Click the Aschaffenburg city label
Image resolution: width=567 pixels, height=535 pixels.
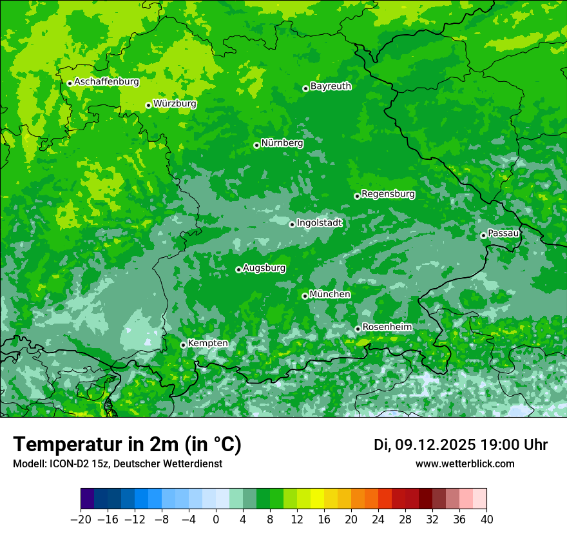[106, 82]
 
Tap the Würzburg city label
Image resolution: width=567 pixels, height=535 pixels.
[175, 104]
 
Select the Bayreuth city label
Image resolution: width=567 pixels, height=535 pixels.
[331, 86]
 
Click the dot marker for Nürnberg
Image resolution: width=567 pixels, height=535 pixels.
[256, 145]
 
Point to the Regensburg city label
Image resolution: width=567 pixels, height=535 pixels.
[388, 194]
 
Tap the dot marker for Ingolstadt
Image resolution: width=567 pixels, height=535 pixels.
[292, 224]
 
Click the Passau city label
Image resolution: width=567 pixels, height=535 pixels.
[503, 233]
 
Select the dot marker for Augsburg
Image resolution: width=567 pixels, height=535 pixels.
[238, 269]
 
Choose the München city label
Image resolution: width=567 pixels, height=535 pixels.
[330, 295]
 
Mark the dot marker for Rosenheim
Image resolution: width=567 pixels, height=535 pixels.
[358, 329]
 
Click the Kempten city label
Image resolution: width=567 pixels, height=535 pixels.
[207, 344]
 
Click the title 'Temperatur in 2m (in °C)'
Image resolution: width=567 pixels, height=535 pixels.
[127, 444]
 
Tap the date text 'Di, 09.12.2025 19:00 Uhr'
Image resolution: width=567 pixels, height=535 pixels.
[461, 445]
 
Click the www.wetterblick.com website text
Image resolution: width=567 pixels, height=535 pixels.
[465, 463]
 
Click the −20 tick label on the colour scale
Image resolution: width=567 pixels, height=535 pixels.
[81, 520]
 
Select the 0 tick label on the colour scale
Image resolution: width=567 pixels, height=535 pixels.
[216, 520]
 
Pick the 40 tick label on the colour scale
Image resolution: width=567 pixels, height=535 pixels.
[486, 520]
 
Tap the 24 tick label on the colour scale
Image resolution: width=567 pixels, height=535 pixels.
[378, 520]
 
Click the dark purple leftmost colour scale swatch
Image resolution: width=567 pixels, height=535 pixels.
[87, 499]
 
